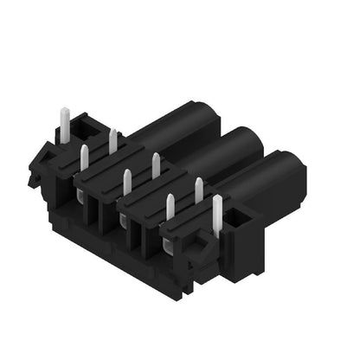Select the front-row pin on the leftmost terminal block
[84, 159]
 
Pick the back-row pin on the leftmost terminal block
[112, 141]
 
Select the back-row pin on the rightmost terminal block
[198, 190]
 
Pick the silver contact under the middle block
[123, 224]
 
